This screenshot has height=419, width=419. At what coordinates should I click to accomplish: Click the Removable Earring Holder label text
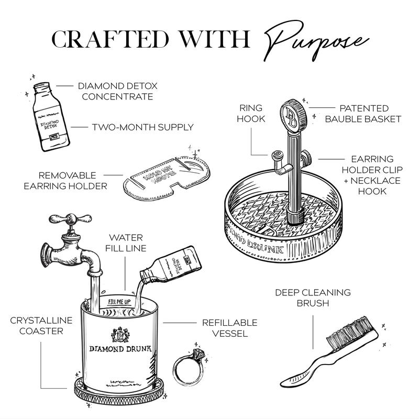click(x=67, y=180)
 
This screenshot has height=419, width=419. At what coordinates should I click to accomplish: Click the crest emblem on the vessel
click(x=119, y=333)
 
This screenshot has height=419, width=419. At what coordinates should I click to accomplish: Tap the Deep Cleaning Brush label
click(x=313, y=298)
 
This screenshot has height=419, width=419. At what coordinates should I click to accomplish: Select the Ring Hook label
click(x=252, y=113)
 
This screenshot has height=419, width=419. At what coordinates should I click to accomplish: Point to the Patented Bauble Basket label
click(x=363, y=114)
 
